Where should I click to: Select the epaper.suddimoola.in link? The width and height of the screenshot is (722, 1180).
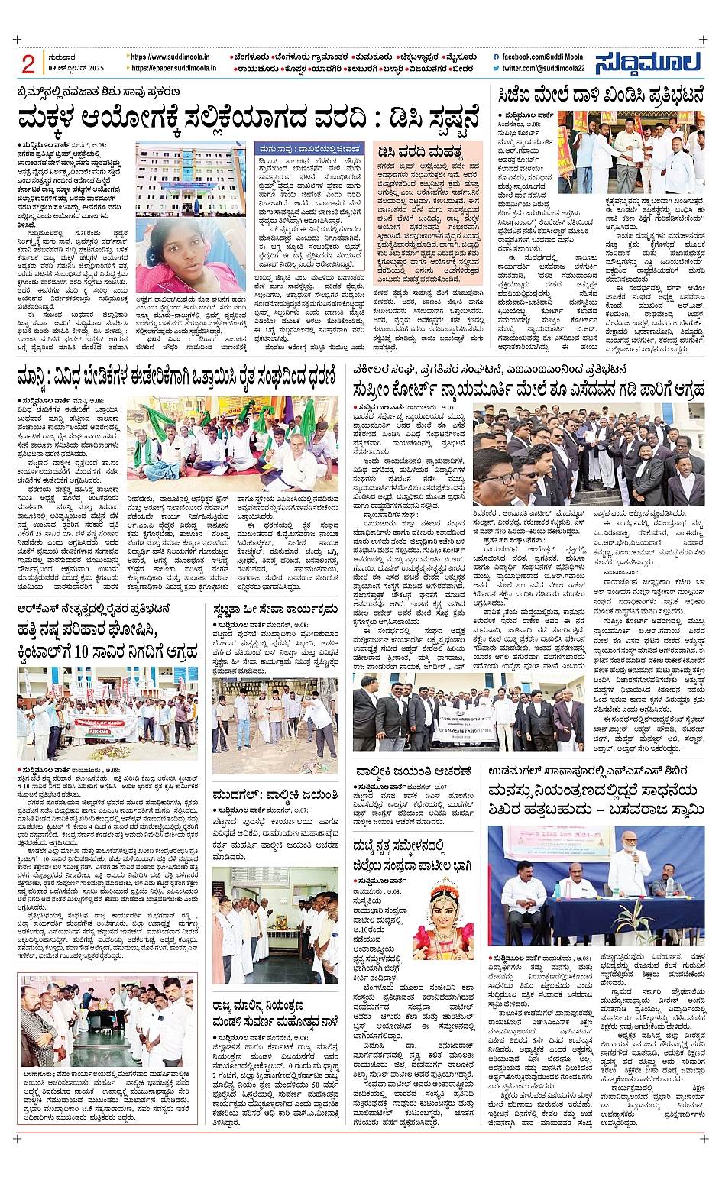[x=173, y=68]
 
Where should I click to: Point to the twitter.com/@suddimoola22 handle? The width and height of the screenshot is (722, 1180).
[x=543, y=68]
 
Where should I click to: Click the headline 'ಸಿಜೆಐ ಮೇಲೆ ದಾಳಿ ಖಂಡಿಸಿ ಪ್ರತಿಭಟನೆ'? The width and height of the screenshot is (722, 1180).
[x=600, y=95]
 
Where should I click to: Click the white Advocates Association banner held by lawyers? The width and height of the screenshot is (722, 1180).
[x=463, y=714]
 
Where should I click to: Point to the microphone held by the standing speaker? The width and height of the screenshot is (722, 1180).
[x=625, y=854]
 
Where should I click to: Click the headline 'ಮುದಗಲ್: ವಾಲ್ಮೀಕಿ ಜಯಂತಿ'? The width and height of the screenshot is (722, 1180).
[x=274, y=794]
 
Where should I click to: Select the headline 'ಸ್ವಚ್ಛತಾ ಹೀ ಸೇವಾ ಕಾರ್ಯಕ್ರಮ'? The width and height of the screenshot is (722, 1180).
[x=275, y=609]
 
